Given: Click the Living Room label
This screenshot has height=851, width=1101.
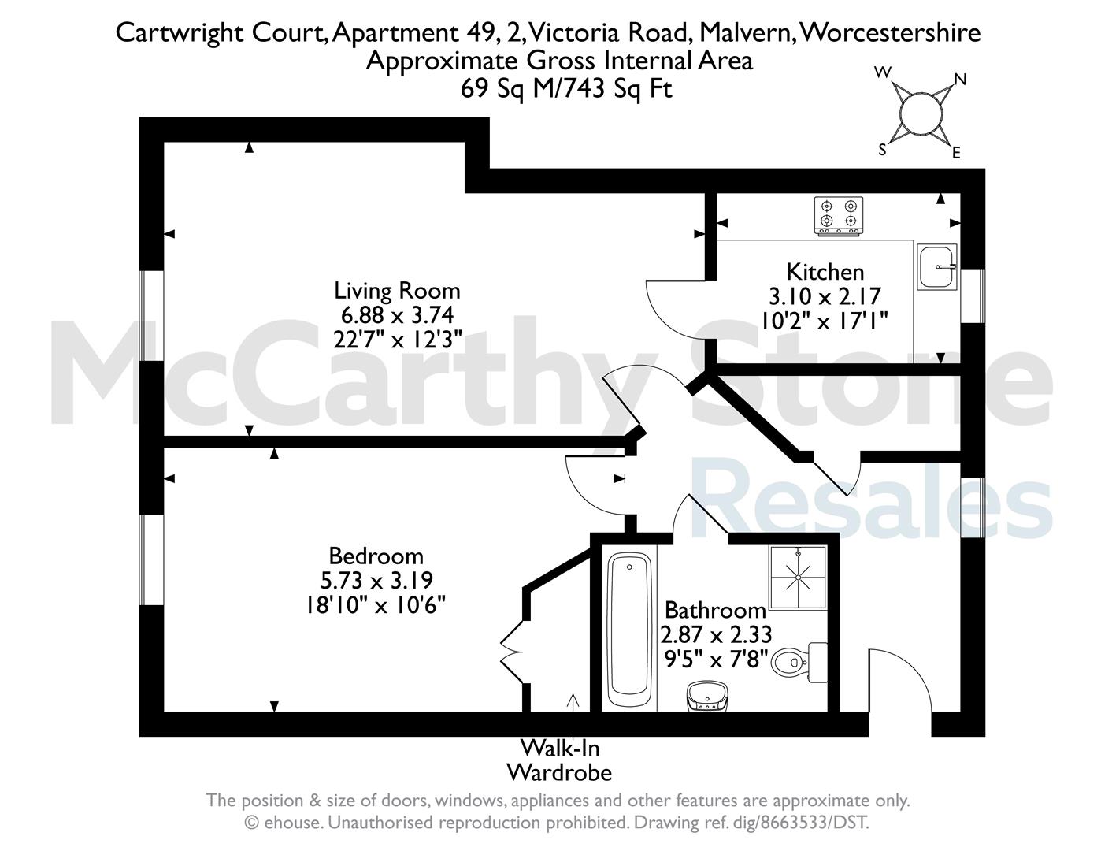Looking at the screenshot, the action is click(397, 291).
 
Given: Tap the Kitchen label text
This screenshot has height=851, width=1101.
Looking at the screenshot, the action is click(825, 272).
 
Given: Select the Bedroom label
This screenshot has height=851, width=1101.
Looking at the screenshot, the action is click(376, 556).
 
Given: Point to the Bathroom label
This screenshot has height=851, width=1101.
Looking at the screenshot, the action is click(715, 610).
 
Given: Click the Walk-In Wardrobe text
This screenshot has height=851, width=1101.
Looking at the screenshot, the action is click(559, 760).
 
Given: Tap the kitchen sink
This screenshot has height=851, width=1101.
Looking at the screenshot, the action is click(937, 266).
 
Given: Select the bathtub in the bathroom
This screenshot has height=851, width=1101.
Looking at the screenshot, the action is click(629, 630).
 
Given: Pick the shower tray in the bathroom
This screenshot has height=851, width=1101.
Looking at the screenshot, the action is click(798, 577).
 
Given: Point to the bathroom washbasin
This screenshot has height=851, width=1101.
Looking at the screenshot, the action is click(707, 697).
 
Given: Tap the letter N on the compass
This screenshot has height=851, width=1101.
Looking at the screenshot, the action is click(961, 80).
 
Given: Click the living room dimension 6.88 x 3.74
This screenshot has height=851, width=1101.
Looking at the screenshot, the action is click(397, 315).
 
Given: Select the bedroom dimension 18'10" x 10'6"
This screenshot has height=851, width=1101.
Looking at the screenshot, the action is click(375, 605).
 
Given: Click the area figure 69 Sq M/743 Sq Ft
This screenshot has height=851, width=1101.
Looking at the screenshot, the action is click(566, 89).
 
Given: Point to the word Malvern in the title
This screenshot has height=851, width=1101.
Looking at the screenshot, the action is click(747, 33).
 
